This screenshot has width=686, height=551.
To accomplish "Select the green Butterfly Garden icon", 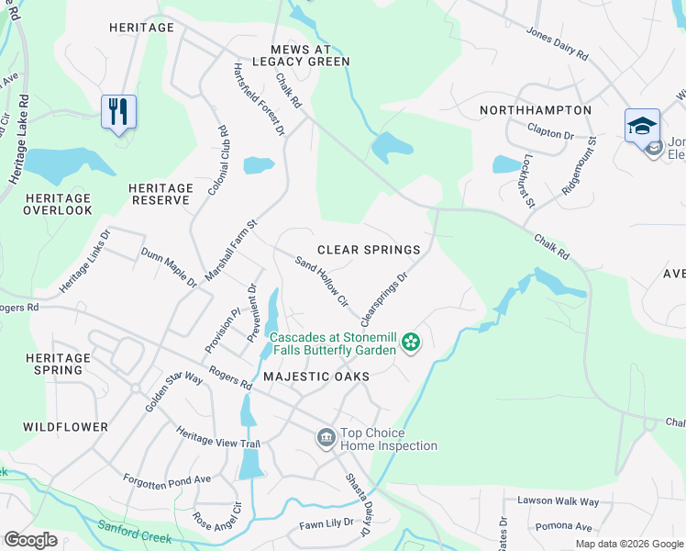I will pos(411,343).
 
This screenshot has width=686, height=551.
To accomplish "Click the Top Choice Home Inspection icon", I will pos(326,439).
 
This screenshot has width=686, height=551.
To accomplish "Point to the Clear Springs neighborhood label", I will pos(369,250).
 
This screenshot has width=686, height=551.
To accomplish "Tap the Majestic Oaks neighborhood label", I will pos(315,377).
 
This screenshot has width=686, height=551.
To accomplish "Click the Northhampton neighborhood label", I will pos(536,110).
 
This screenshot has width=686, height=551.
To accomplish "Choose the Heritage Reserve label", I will pos(160,194).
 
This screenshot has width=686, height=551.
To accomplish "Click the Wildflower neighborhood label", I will pos(65,427).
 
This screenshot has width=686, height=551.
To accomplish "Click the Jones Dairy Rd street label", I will pos(557,43).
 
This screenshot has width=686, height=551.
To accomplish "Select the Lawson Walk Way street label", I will pos(558,501).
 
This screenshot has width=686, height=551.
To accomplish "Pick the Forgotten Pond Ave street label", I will pos(167,479).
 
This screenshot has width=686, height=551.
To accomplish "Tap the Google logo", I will pos(30,540).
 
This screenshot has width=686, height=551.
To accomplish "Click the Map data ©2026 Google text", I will pos(629,544).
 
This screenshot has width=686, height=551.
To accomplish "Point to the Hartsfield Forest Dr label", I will pos(260,99).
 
